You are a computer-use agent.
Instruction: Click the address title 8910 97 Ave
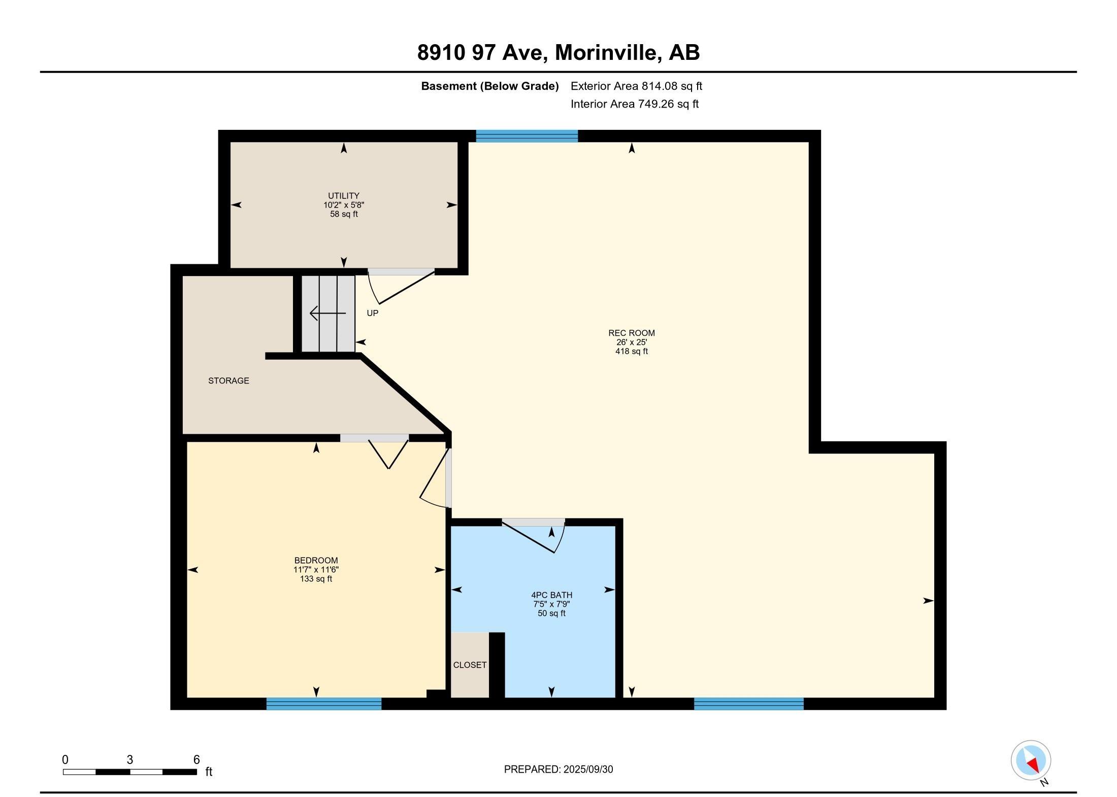558,53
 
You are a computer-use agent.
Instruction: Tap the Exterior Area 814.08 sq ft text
636,86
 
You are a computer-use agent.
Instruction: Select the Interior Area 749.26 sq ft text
634,104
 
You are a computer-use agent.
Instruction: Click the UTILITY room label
344,196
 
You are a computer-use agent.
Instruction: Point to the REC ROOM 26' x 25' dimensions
631,342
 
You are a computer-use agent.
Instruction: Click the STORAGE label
228,380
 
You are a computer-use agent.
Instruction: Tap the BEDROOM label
316,561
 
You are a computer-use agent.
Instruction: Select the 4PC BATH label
551,595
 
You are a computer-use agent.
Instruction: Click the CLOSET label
470,665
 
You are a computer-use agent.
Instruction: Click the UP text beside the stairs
373,314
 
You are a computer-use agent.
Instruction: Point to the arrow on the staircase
327,314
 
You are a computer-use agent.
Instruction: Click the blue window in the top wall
527,136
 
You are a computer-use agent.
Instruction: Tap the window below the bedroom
323,704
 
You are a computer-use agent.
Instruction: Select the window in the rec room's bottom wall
748,704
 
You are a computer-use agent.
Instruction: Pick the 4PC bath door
533,535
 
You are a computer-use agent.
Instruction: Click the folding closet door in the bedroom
388,453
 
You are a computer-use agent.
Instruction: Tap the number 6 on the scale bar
196,759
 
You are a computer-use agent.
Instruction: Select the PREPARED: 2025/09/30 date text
558,769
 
